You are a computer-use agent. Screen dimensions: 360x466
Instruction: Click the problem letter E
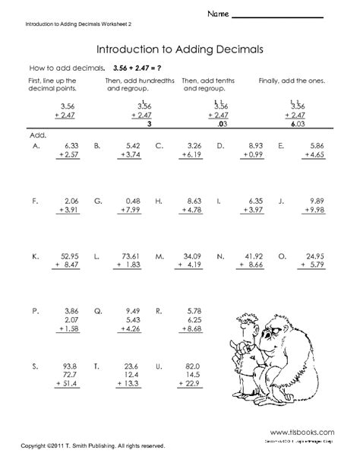[282, 144]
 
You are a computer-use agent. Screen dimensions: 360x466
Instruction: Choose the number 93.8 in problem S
[67, 366]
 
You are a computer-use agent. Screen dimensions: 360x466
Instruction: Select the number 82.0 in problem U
[192, 366]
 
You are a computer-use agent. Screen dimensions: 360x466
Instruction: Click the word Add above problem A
[37, 135]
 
